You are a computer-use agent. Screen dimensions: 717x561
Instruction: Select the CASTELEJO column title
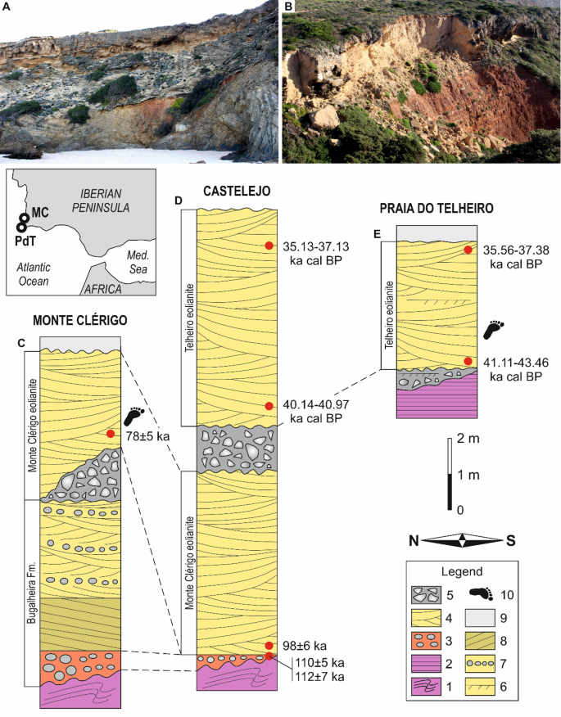pos(237,191)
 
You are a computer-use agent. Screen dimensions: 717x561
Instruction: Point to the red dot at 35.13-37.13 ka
pos(268,246)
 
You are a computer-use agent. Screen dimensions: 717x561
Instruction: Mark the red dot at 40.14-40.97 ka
pos(268,406)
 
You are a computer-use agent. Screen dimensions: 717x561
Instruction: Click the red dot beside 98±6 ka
pos(268,645)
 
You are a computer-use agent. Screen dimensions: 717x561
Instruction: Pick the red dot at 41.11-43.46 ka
pos(468,361)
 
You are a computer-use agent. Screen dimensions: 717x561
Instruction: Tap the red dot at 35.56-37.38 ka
pos(468,250)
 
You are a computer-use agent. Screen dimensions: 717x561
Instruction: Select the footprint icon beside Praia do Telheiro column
pos(493,329)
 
